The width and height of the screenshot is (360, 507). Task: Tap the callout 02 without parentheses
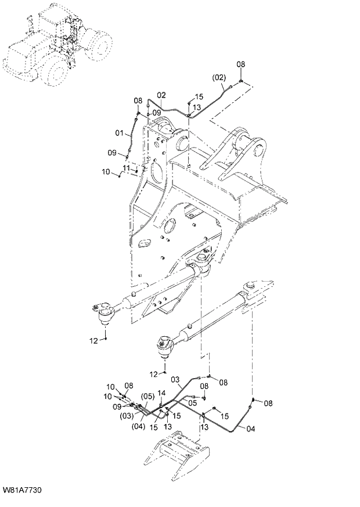tap(161, 95)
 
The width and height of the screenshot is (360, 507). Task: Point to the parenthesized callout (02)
tap(218, 77)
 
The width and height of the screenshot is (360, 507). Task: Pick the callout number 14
tap(162, 393)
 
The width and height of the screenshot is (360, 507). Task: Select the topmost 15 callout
tap(199, 97)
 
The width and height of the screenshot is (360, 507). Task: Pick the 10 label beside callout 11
tap(106, 171)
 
